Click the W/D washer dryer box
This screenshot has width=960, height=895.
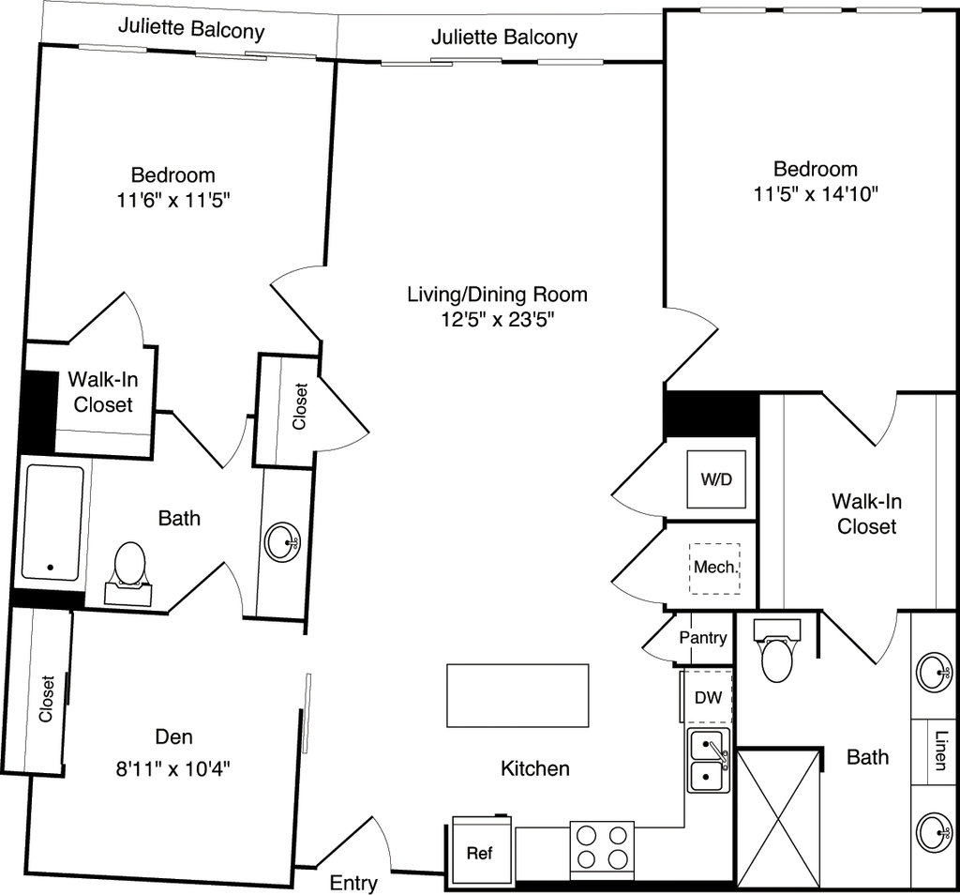click(x=716, y=479)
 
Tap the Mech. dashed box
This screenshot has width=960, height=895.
click(x=714, y=568)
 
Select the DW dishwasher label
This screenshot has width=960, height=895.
click(x=709, y=697)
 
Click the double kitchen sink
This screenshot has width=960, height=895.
click(x=708, y=761)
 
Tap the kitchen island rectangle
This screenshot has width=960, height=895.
click(x=517, y=695)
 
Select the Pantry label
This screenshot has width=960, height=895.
click(x=703, y=638)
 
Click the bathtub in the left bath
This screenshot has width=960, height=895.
click(x=52, y=523)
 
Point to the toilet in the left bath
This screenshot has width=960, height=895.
click(x=129, y=572)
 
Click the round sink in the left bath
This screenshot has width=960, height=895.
click(x=282, y=541)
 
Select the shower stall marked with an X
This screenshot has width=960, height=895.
click(x=778, y=818)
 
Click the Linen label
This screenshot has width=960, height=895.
click(x=940, y=751)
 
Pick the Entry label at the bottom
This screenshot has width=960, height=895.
click(x=353, y=883)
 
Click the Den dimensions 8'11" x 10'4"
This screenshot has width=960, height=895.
click(x=173, y=768)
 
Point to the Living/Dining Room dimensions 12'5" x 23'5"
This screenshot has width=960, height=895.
click(x=498, y=319)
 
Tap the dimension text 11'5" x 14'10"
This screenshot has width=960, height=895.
click(x=816, y=194)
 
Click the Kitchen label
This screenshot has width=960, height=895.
click(x=535, y=768)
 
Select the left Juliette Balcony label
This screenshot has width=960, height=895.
click(x=191, y=29)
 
